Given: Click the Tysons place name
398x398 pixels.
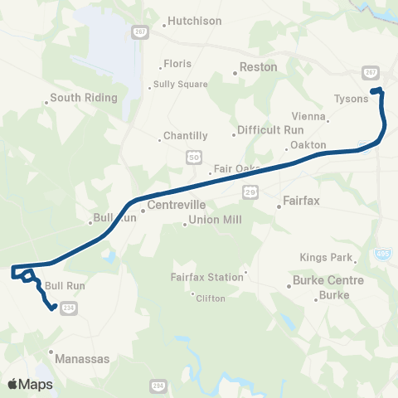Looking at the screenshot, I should pyautogui.click(x=350, y=98).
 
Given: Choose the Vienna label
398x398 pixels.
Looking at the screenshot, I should pyautogui.click(x=308, y=117).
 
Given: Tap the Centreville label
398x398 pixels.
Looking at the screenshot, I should pyautogui.click(x=172, y=204).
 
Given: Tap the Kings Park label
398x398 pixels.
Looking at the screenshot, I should pyautogui.click(x=327, y=258).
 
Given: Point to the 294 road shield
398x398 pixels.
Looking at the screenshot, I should pyautogui.click(x=158, y=386).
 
